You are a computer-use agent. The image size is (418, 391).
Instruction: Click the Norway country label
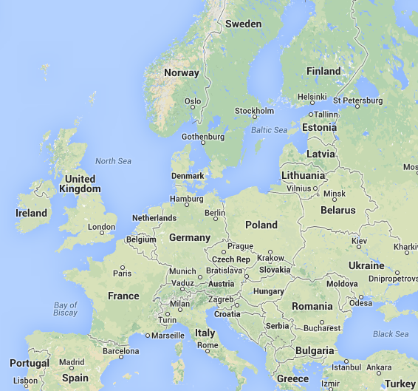[x=182, y=72]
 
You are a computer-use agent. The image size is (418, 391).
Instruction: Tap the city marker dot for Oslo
[x=194, y=106]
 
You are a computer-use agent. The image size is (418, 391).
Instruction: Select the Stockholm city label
[x=253, y=111]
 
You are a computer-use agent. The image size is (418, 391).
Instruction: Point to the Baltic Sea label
[x=268, y=130]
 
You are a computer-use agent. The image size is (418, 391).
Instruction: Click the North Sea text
[x=113, y=161]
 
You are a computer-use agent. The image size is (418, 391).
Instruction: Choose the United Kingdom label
[x=80, y=184]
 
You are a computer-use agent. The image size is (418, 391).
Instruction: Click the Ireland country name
[x=31, y=213]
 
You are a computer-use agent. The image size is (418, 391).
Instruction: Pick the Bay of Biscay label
[x=66, y=309]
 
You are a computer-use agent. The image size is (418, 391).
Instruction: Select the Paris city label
[x=122, y=273]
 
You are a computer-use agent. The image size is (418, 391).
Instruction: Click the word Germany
[x=190, y=237]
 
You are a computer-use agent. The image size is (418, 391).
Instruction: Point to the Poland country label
[x=261, y=225]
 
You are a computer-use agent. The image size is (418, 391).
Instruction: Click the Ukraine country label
[x=366, y=265]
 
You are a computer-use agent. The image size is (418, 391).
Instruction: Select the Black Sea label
[x=391, y=334]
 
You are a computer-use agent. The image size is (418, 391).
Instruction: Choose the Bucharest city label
[x=321, y=327]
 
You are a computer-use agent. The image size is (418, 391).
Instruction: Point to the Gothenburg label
[x=203, y=137]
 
